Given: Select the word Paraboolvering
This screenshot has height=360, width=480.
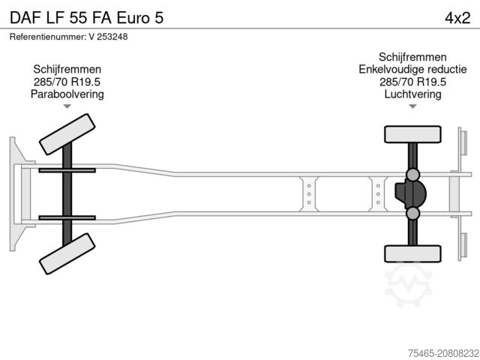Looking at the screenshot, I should [67, 94].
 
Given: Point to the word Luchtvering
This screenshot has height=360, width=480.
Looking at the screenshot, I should [412, 94].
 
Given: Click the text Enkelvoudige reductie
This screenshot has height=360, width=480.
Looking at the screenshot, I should [412, 70].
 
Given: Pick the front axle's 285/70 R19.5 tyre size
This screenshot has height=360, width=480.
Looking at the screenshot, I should [67, 82].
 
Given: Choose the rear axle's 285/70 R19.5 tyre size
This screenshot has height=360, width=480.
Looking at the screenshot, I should [412, 82].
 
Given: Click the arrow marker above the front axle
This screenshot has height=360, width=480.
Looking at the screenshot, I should [67, 106].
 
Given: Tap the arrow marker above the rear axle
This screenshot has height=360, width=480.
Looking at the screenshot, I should [412, 106].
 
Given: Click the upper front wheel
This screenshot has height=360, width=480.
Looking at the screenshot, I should [67, 134].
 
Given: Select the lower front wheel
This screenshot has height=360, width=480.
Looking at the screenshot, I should [67, 254].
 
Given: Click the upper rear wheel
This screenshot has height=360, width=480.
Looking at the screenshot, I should [412, 135].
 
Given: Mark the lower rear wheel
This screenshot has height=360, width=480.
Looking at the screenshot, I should [412, 253].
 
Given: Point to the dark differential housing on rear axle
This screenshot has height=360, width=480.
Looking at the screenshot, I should [409, 194].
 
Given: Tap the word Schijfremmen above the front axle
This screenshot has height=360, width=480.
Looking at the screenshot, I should [67, 57].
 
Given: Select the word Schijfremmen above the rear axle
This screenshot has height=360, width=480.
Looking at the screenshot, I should [412, 57].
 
